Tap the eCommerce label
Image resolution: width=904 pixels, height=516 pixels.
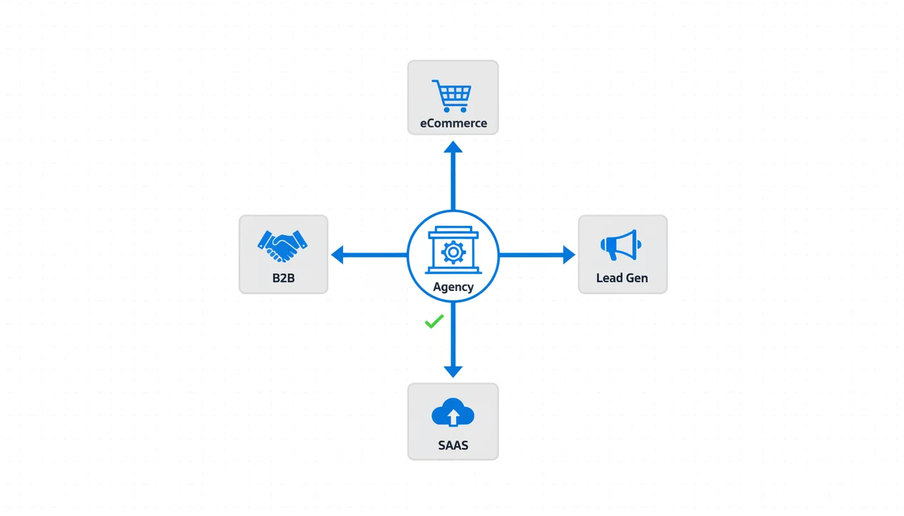point(453,124)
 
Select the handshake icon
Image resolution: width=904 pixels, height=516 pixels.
point(282,246)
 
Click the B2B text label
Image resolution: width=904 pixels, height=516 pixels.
point(283,277)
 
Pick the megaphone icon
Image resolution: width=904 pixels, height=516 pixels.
point(620,245)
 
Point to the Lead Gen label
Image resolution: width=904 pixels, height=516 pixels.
point(622,277)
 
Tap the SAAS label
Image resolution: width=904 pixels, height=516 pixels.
point(453,445)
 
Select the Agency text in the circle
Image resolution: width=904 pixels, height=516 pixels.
point(453,287)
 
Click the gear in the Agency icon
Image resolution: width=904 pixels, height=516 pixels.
point(453,252)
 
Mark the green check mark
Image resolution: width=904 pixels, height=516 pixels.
point(434,322)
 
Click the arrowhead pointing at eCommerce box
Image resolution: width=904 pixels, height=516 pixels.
point(453,148)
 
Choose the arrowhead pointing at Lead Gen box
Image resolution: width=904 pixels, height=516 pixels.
point(568,255)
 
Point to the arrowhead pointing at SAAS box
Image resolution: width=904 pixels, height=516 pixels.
point(453,370)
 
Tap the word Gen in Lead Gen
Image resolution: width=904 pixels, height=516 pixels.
point(636,277)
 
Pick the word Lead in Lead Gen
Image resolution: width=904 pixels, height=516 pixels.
point(608,277)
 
